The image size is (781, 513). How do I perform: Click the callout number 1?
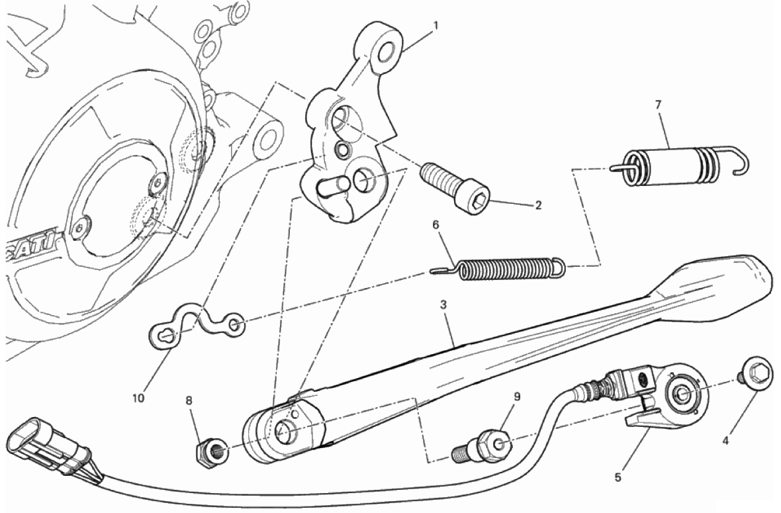point(436,26)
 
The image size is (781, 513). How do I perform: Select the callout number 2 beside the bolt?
point(538,205)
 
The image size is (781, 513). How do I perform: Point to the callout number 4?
point(725,440)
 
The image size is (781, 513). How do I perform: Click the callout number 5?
point(618,478)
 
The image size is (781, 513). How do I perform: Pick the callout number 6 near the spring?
point(436,225)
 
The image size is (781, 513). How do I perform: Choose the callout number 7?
point(658,105)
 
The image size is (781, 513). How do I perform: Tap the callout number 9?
point(517,396)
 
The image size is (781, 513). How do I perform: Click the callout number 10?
point(138,398)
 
